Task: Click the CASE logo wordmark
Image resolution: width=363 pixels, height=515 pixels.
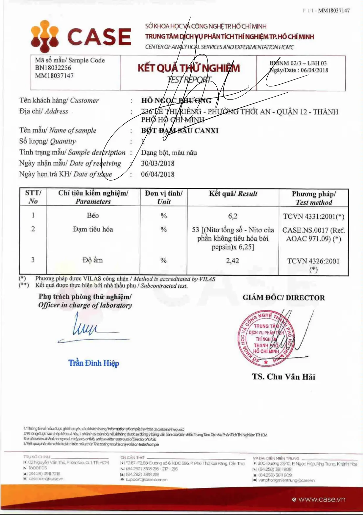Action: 99,36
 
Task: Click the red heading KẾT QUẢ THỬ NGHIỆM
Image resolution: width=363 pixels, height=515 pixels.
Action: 188,68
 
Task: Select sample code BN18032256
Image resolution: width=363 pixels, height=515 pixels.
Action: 53,68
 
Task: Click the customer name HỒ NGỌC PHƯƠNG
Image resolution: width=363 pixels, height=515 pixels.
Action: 176,101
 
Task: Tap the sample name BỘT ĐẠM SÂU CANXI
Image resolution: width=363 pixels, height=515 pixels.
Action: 180,131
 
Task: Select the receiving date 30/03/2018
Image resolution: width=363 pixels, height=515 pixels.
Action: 157,163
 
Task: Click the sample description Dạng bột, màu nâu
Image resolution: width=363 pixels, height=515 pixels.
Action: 169,152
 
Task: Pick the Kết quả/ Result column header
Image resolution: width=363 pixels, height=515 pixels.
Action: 233,193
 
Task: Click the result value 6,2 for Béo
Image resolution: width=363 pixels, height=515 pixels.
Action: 232,216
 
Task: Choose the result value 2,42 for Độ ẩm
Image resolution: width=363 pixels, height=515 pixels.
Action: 232,261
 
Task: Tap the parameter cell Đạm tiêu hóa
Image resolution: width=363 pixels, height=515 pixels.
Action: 93,229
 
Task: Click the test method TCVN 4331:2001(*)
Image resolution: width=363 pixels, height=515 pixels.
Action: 313,216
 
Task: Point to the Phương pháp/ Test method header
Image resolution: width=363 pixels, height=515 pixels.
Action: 314,198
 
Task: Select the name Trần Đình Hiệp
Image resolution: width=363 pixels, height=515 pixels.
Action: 94,363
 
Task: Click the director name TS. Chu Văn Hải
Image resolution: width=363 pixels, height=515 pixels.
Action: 283,377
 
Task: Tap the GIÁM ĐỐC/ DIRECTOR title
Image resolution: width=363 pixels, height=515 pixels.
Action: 283,298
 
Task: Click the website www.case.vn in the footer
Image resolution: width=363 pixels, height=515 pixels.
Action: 322,499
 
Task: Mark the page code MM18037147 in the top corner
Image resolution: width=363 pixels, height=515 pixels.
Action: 334,11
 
